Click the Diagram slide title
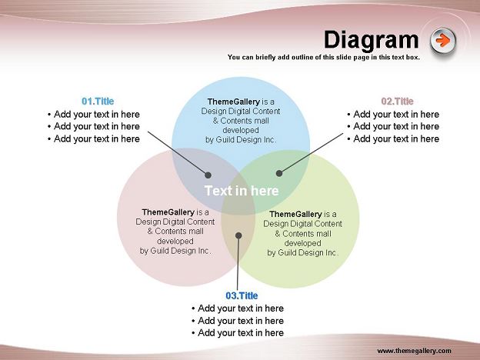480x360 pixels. coord(371,40)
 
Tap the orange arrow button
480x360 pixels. coord(443,40)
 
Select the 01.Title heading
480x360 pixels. coord(98,101)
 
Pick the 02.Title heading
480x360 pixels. coord(397,101)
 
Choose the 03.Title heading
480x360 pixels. coord(242,295)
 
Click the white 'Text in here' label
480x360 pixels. coord(242,191)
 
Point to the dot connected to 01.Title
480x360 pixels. coord(208,175)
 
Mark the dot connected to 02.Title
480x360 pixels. coord(279,173)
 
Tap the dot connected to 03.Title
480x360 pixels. coord(238,235)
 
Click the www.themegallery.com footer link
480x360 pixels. coord(414,351)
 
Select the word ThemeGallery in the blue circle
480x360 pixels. coord(233,102)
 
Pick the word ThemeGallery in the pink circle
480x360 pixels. coord(168,212)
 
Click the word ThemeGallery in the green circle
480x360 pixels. coord(295,214)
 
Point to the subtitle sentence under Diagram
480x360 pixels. coord(324,57)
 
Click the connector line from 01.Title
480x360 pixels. coord(177,153)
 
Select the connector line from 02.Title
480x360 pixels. coord(312,153)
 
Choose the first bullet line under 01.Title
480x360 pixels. coord(94,114)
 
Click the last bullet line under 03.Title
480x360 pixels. coord(238,333)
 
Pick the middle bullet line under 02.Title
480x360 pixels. coord(393,126)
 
